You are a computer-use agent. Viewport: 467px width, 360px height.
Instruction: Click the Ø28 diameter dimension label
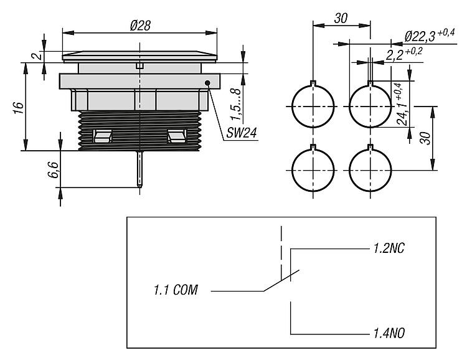[139, 25]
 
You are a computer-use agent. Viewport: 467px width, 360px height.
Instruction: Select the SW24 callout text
[237, 133]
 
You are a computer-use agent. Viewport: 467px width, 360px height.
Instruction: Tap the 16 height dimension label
[19, 106]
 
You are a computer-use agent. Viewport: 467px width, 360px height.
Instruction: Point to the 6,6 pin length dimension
[53, 169]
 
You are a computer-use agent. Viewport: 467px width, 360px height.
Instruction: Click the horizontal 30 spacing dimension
[341, 18]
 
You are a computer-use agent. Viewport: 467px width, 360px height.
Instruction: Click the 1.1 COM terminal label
[176, 290]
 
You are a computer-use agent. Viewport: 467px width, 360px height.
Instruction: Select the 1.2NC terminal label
[390, 249]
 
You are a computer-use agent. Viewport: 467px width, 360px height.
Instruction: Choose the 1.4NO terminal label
[390, 333]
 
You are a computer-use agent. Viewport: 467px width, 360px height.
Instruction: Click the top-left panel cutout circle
[311, 106]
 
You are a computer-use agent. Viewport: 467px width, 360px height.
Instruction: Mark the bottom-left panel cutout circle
[311, 169]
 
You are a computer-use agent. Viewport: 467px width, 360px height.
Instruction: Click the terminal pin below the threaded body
[141, 169]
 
